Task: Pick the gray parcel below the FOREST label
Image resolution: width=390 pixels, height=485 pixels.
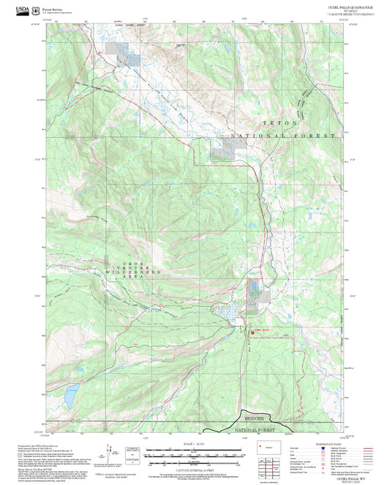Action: click(x=223, y=150)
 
